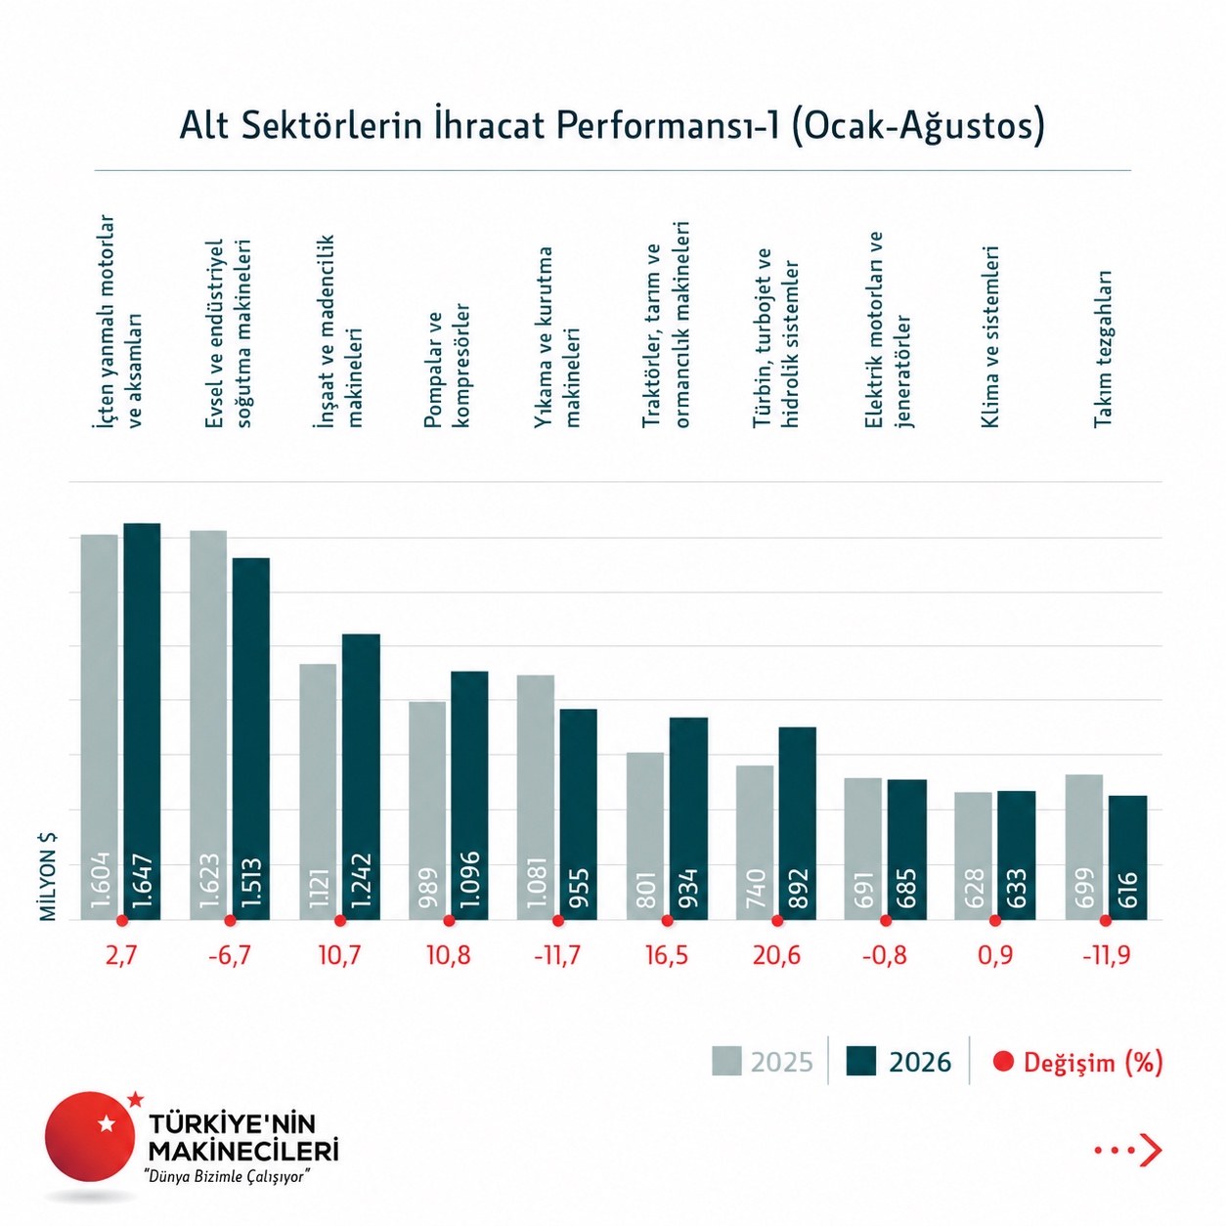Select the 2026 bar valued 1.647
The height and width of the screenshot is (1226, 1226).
click(142, 721)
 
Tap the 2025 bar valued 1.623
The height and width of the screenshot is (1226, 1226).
click(208, 724)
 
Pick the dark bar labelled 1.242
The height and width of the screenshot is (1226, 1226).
click(362, 776)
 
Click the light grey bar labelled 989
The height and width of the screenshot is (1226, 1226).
click(427, 810)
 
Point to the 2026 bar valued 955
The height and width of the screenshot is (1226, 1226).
click(579, 813)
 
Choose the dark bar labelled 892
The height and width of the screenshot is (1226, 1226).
click(797, 823)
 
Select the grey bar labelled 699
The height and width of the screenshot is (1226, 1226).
click(1084, 847)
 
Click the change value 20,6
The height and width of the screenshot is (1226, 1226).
click(776, 955)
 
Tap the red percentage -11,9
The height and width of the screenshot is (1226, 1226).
click(1107, 955)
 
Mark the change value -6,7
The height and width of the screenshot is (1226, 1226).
click(230, 955)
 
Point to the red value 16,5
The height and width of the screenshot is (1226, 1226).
click(667, 955)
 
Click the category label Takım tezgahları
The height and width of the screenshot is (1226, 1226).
click(1102, 349)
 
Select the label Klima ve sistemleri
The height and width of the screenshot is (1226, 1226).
click(990, 336)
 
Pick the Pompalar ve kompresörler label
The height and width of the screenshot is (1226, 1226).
click(447, 366)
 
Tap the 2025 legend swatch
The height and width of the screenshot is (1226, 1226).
click(726, 1061)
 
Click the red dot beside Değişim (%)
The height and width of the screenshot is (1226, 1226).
click(1003, 1061)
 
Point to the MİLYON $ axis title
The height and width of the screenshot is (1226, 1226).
click(48, 876)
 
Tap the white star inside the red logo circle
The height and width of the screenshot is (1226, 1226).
click(107, 1123)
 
